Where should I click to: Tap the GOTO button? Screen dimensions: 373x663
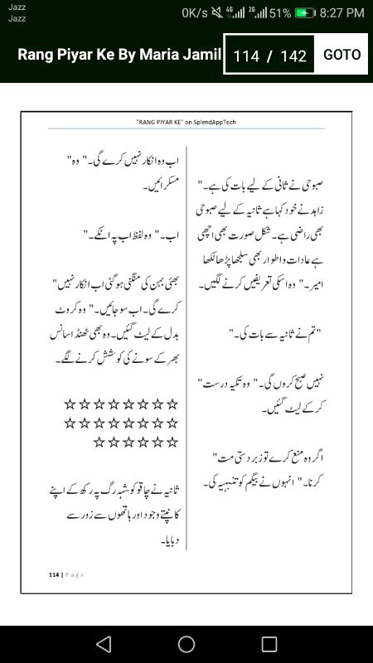[342, 55]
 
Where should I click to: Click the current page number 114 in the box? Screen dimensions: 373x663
[246, 56]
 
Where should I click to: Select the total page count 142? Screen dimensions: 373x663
[293, 56]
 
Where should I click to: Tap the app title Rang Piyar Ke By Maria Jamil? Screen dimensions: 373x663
[119, 56]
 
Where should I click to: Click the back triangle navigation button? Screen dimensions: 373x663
[103, 644]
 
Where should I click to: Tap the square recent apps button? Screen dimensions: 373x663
[269, 644]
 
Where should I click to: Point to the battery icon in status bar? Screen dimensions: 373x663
[305, 13]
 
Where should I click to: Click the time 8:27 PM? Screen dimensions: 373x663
[342, 13]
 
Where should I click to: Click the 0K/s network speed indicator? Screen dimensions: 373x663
[195, 13]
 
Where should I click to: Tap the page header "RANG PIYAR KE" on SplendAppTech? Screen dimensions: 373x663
[186, 121]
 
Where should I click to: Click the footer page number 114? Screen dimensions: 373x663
[54, 573]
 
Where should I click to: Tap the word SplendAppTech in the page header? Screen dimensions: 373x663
[219, 121]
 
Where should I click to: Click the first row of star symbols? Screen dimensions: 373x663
[121, 404]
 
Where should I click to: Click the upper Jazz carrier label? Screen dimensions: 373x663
[17, 7]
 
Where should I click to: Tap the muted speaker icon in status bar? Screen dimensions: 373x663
[217, 13]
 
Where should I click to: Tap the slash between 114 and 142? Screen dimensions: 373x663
[269, 56]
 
